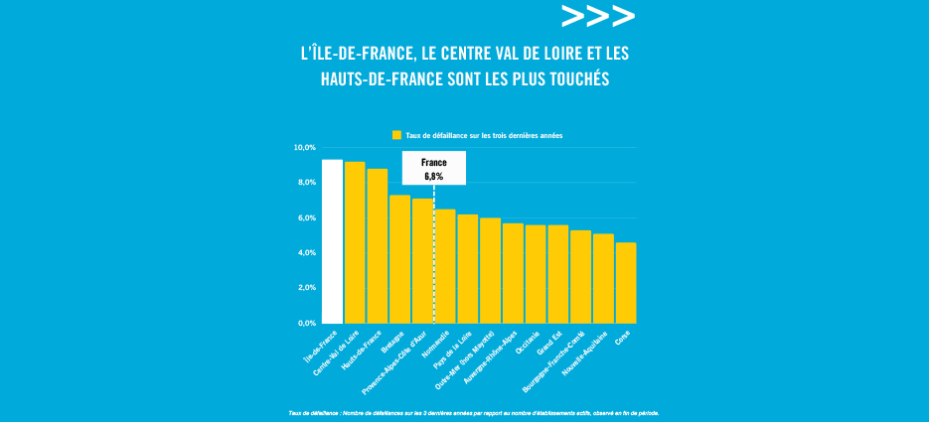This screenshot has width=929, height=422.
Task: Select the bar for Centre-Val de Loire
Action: (355, 242)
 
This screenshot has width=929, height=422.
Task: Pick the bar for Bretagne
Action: (399, 259)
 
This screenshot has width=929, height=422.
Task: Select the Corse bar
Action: (626, 283)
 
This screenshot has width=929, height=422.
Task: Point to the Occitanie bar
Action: (536, 274)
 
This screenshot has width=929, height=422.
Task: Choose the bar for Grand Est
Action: (558, 274)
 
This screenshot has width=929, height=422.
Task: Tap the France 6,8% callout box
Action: (433, 169)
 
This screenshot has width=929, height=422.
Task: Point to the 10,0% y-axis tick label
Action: (303, 148)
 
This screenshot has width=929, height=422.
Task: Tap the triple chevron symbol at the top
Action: (597, 17)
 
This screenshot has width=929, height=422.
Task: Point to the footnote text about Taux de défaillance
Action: (474, 412)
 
